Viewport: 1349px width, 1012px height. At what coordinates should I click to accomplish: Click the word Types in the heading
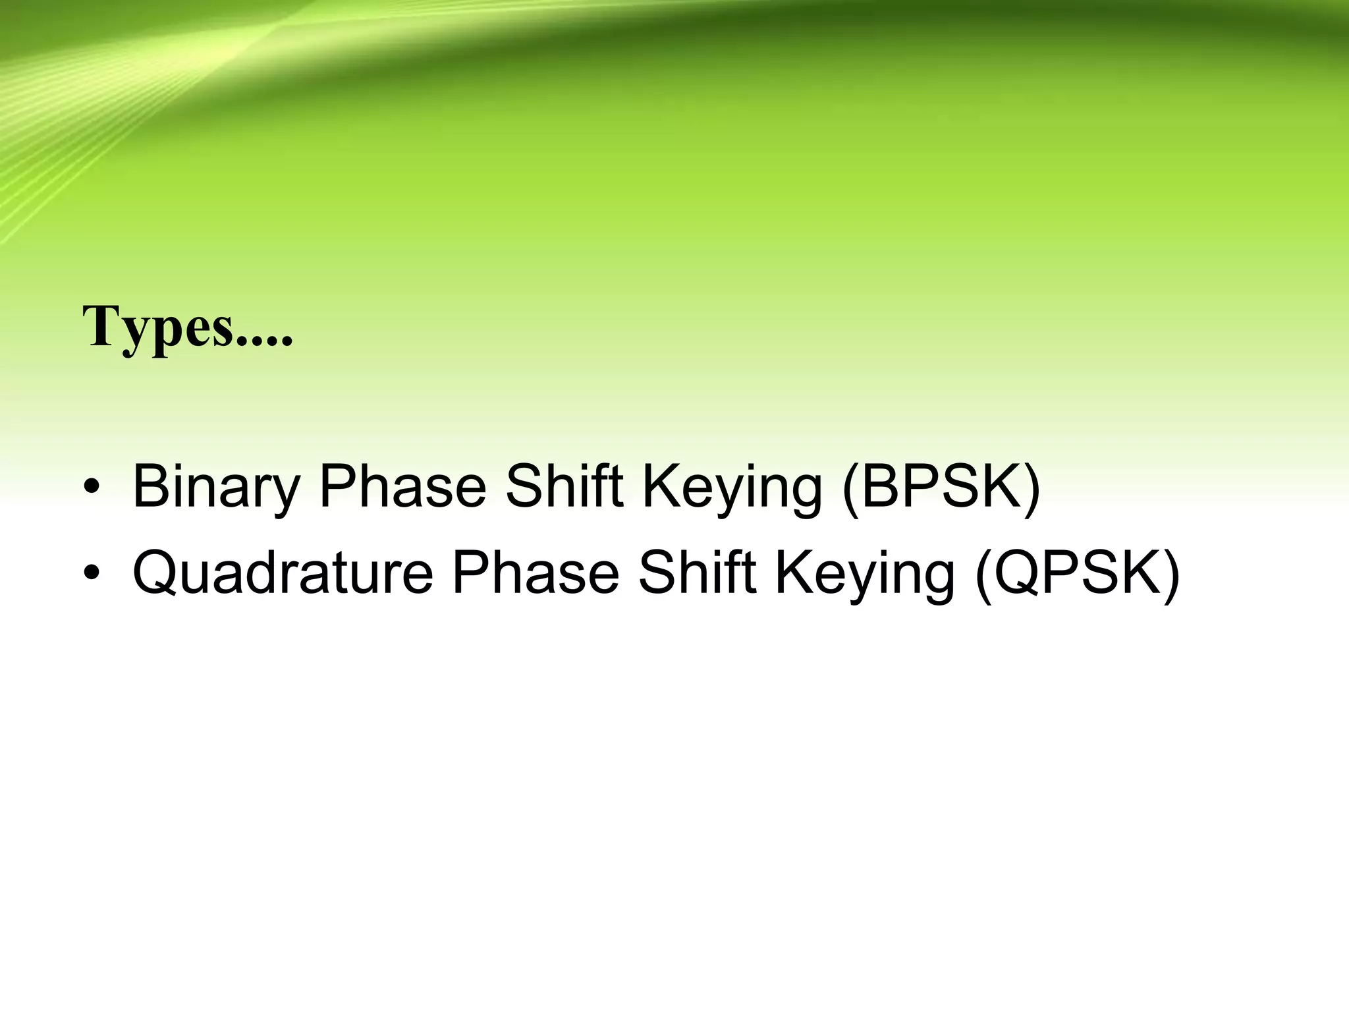coord(158,328)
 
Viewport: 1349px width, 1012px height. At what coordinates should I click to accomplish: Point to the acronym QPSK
coord(1076,573)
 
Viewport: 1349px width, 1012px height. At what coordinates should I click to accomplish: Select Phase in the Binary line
coord(402,488)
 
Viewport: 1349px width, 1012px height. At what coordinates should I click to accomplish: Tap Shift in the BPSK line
coord(564,488)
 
